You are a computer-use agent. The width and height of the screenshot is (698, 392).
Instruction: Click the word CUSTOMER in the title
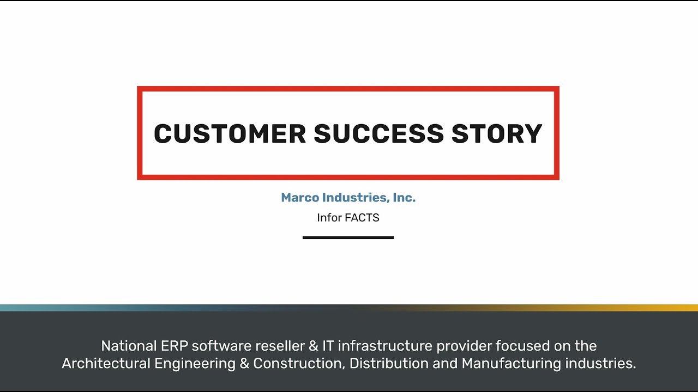[230, 134]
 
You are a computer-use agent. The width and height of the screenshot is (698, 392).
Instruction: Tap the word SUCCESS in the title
[379, 134]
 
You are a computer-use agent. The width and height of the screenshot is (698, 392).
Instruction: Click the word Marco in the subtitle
[300, 198]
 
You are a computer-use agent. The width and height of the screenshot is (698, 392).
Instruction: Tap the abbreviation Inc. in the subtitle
[404, 198]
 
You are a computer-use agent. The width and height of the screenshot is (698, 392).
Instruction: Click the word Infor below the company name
[329, 218]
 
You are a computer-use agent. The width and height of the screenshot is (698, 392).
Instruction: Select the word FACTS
[362, 218]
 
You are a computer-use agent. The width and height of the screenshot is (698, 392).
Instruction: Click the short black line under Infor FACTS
[348, 237]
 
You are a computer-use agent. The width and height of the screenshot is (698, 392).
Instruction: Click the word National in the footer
[129, 346]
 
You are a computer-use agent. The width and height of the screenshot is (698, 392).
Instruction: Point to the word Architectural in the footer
[106, 364]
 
